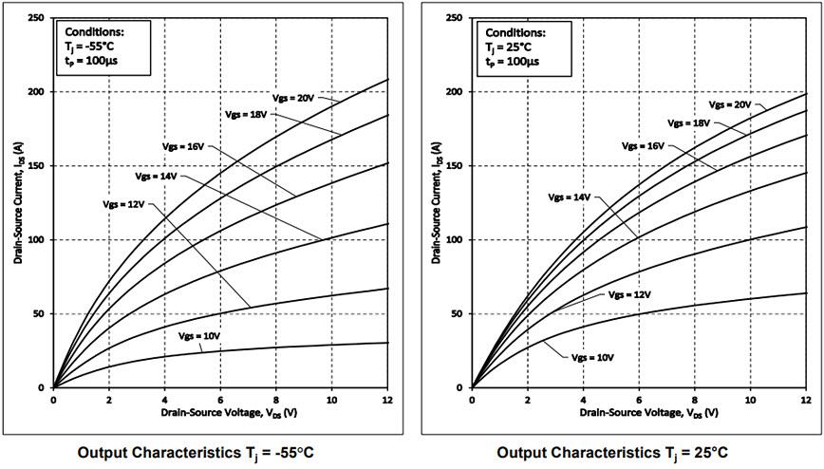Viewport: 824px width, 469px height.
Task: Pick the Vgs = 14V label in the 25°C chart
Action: point(570,197)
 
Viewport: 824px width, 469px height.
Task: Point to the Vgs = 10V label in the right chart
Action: point(593,358)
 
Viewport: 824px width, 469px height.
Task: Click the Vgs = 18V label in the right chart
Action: point(689,123)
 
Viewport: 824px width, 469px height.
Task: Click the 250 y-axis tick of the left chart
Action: point(35,18)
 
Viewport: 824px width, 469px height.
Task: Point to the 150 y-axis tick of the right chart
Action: point(454,166)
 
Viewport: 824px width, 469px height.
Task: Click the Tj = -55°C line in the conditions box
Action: point(89,47)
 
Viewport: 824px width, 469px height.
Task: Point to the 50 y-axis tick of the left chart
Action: point(38,314)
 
